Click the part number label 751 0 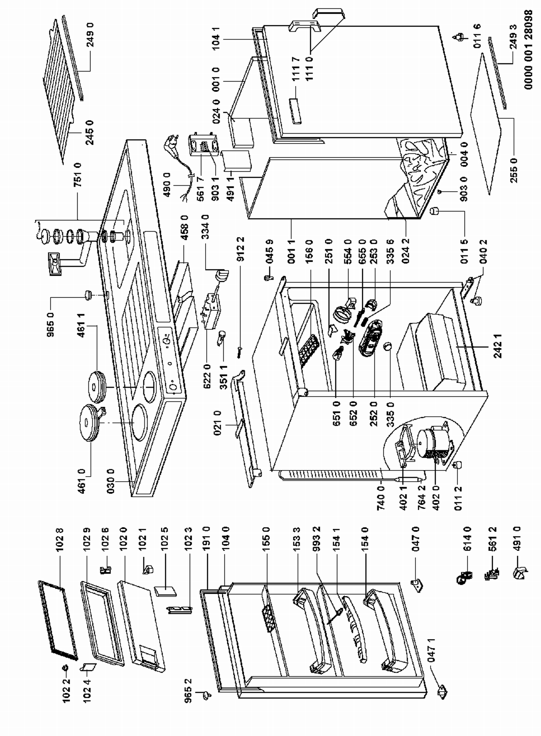(x=78, y=175)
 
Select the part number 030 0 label (x=110, y=481)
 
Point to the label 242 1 (x=498, y=346)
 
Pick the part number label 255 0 (x=514, y=170)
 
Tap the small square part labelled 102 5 (x=166, y=591)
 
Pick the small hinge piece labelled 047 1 (x=442, y=692)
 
